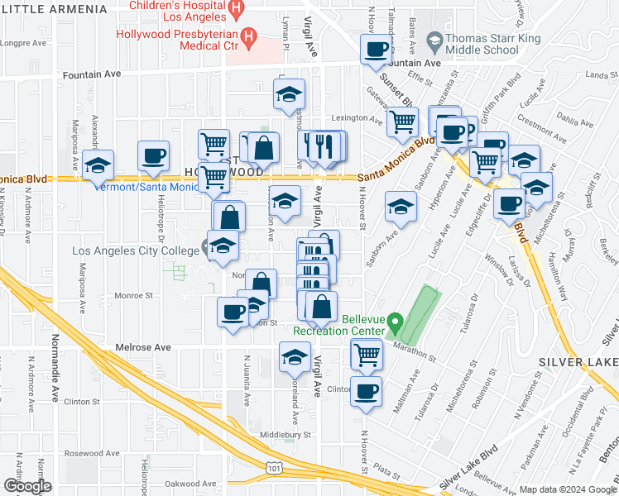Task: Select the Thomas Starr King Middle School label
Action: [481, 45]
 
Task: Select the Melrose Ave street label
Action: [142, 348]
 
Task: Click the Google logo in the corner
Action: [28, 486]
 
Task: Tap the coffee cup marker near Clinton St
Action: [365, 390]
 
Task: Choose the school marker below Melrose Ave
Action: [294, 357]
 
